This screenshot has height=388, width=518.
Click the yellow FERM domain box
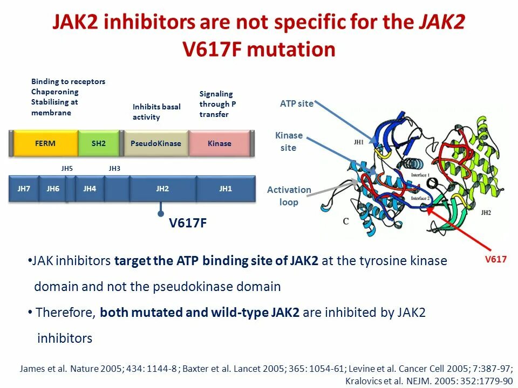[x=45, y=143]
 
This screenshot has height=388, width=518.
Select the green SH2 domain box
[x=99, y=143]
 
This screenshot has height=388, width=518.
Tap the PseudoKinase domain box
[x=156, y=143]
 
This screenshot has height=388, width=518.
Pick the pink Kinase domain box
[x=219, y=143]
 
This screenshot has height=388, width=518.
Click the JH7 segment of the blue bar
[x=24, y=189]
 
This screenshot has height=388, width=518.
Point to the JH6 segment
[x=53, y=189]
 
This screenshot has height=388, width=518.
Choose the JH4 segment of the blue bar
[x=90, y=189]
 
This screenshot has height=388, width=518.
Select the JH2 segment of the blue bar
[x=162, y=189]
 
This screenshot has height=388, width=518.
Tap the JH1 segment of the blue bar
[x=225, y=189]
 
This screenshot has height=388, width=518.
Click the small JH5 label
[x=67, y=169]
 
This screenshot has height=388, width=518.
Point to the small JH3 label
[x=114, y=169]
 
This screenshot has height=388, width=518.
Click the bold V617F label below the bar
[x=188, y=223]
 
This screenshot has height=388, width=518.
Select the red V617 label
[x=495, y=260]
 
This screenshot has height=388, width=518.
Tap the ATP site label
[x=296, y=104]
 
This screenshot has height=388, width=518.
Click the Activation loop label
[x=289, y=196]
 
